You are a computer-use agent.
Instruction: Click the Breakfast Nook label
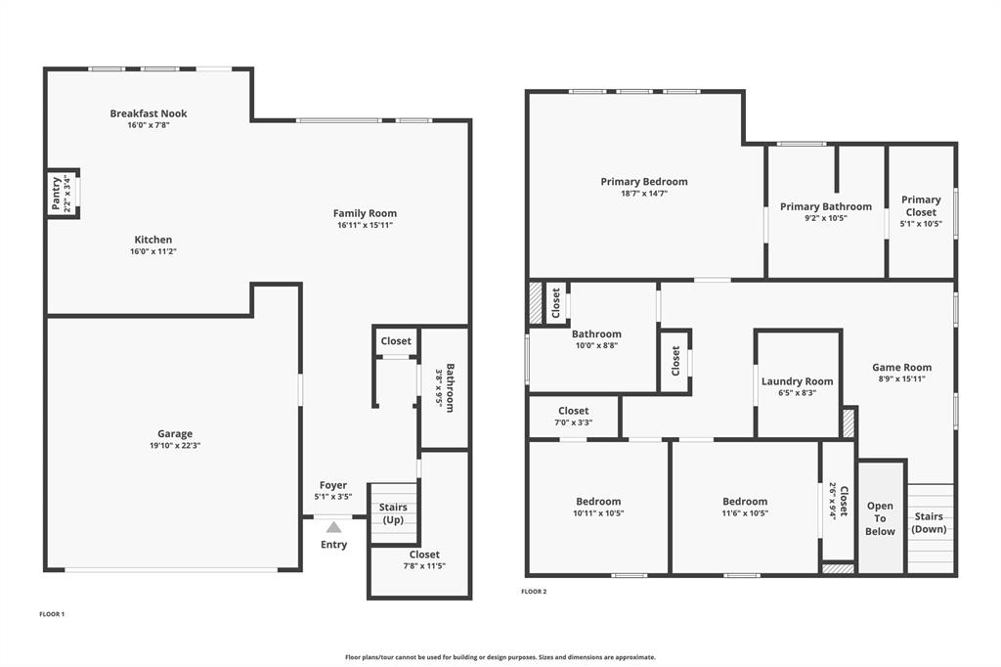(149, 113)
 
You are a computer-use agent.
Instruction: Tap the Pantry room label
(56, 194)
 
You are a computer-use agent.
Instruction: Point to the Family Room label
(365, 213)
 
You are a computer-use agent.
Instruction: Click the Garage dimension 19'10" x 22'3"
(175, 446)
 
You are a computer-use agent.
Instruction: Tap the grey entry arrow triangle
(333, 527)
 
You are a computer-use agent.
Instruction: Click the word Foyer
(333, 485)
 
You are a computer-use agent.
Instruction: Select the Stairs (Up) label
(393, 513)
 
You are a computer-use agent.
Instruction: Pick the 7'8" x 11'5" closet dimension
(424, 566)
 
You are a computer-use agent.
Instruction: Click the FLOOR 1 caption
(52, 614)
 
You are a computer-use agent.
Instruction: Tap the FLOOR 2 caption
(534, 592)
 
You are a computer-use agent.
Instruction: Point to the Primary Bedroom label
(644, 181)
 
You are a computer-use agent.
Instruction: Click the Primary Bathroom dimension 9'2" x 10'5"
(825, 218)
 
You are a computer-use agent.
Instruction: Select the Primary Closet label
(921, 205)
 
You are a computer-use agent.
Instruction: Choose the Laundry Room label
(798, 381)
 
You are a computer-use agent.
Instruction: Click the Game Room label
(902, 368)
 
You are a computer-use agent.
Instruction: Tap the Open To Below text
(880, 519)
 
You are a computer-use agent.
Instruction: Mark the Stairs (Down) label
(929, 523)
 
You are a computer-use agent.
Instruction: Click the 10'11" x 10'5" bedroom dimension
(598, 513)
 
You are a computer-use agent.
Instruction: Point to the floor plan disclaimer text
(500, 657)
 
